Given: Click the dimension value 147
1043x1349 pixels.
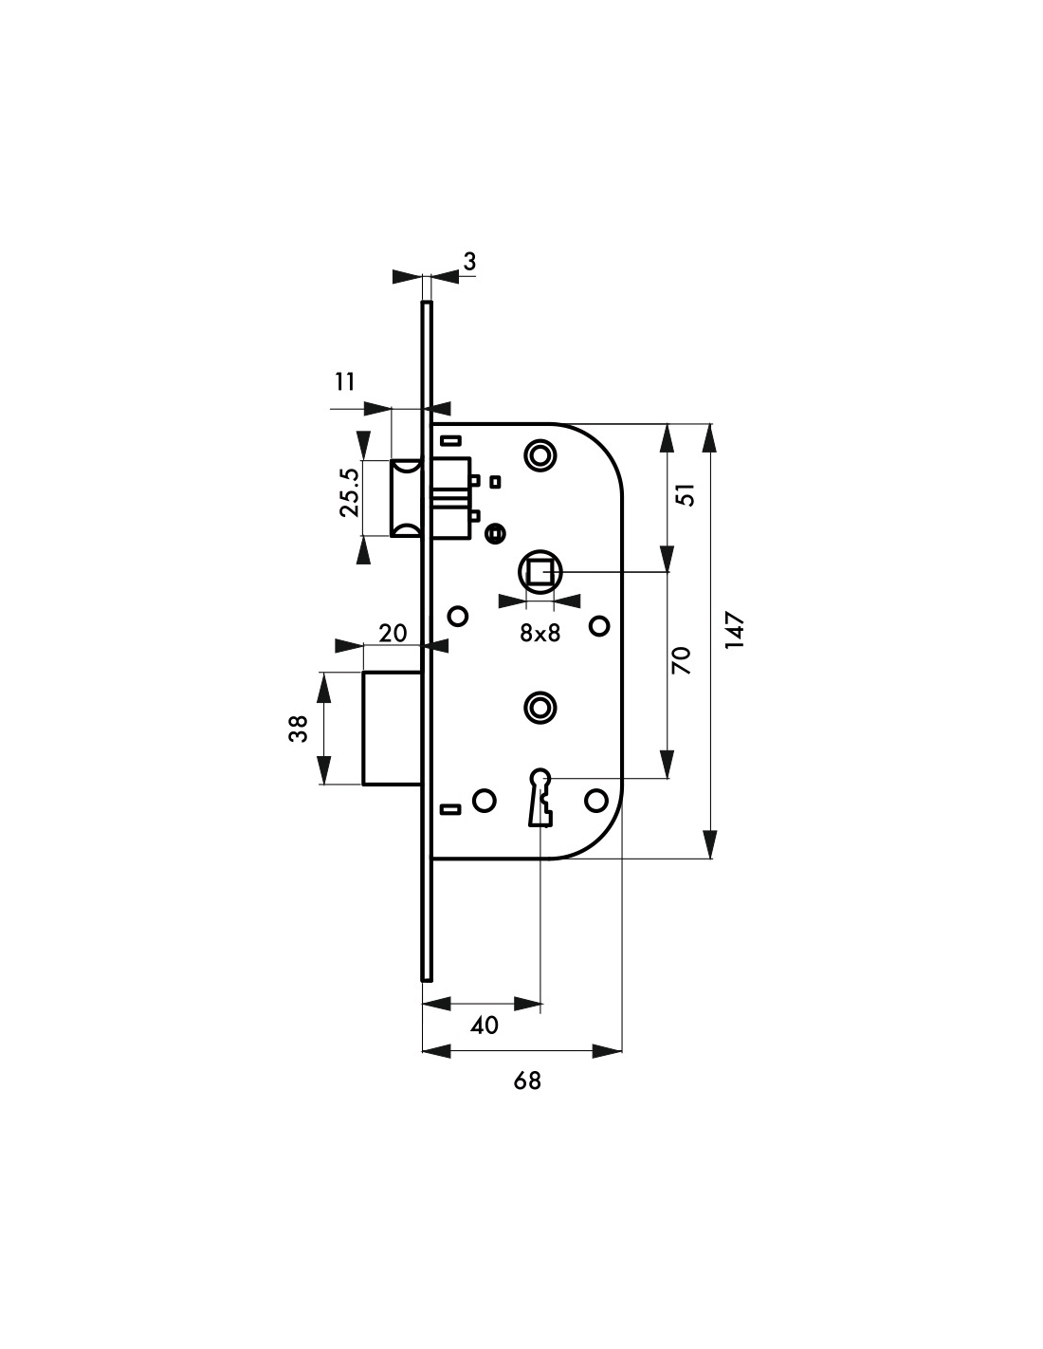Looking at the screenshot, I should tap(737, 631).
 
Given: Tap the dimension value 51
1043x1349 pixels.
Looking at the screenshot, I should tap(688, 494).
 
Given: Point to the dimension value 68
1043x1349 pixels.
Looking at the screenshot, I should tap(527, 1080).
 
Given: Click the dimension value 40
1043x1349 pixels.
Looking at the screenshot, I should tap(484, 1026).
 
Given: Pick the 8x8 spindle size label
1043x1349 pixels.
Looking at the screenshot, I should tap(540, 634).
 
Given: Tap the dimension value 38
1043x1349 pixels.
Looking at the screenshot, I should tap(300, 729).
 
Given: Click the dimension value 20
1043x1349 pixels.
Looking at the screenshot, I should tap(393, 633).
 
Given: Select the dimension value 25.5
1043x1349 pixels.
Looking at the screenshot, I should tap(348, 491).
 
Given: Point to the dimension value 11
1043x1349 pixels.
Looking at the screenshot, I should tap(345, 381).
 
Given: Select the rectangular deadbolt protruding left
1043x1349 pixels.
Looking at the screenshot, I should tap(392, 729).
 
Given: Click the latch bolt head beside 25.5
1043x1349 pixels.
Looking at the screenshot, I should tap(407, 498).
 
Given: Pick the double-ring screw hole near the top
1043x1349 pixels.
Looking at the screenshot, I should tap(540, 454).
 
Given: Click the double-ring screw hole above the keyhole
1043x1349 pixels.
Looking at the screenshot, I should tap(540, 707).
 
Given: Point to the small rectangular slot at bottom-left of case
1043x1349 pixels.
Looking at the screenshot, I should tap(450, 809).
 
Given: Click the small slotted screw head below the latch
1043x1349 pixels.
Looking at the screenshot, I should tap(492, 535).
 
